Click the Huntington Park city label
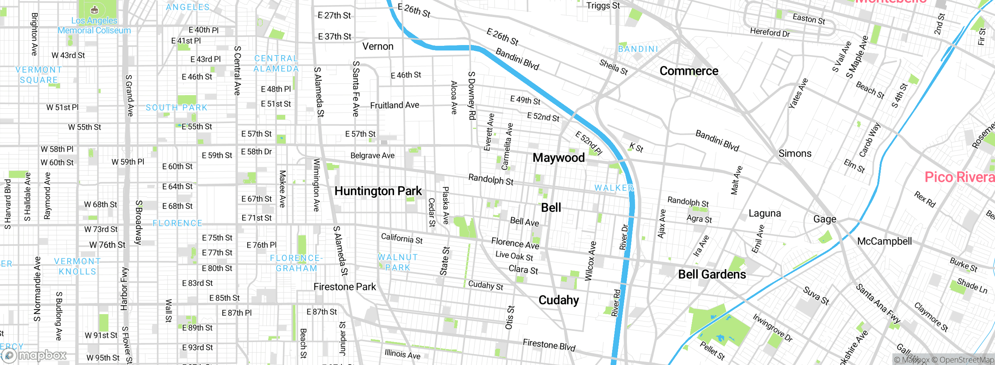tap(378, 191)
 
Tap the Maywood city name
tap(558, 158)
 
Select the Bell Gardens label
tap(712, 275)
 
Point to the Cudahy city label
tap(559, 300)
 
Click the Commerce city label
tap(689, 71)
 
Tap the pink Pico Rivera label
tap(959, 177)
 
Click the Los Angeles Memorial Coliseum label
tap(94, 26)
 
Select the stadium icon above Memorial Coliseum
tap(94, 10)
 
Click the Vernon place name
tap(378, 47)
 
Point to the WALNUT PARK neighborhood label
tap(398, 262)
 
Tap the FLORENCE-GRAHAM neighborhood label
tap(296, 263)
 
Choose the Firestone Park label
tap(344, 287)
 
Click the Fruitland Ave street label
tap(394, 105)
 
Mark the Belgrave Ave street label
tap(372, 156)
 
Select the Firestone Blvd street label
tap(548, 344)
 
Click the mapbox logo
tap(34, 355)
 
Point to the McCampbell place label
tap(884, 241)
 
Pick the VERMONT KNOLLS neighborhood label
tap(77, 266)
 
